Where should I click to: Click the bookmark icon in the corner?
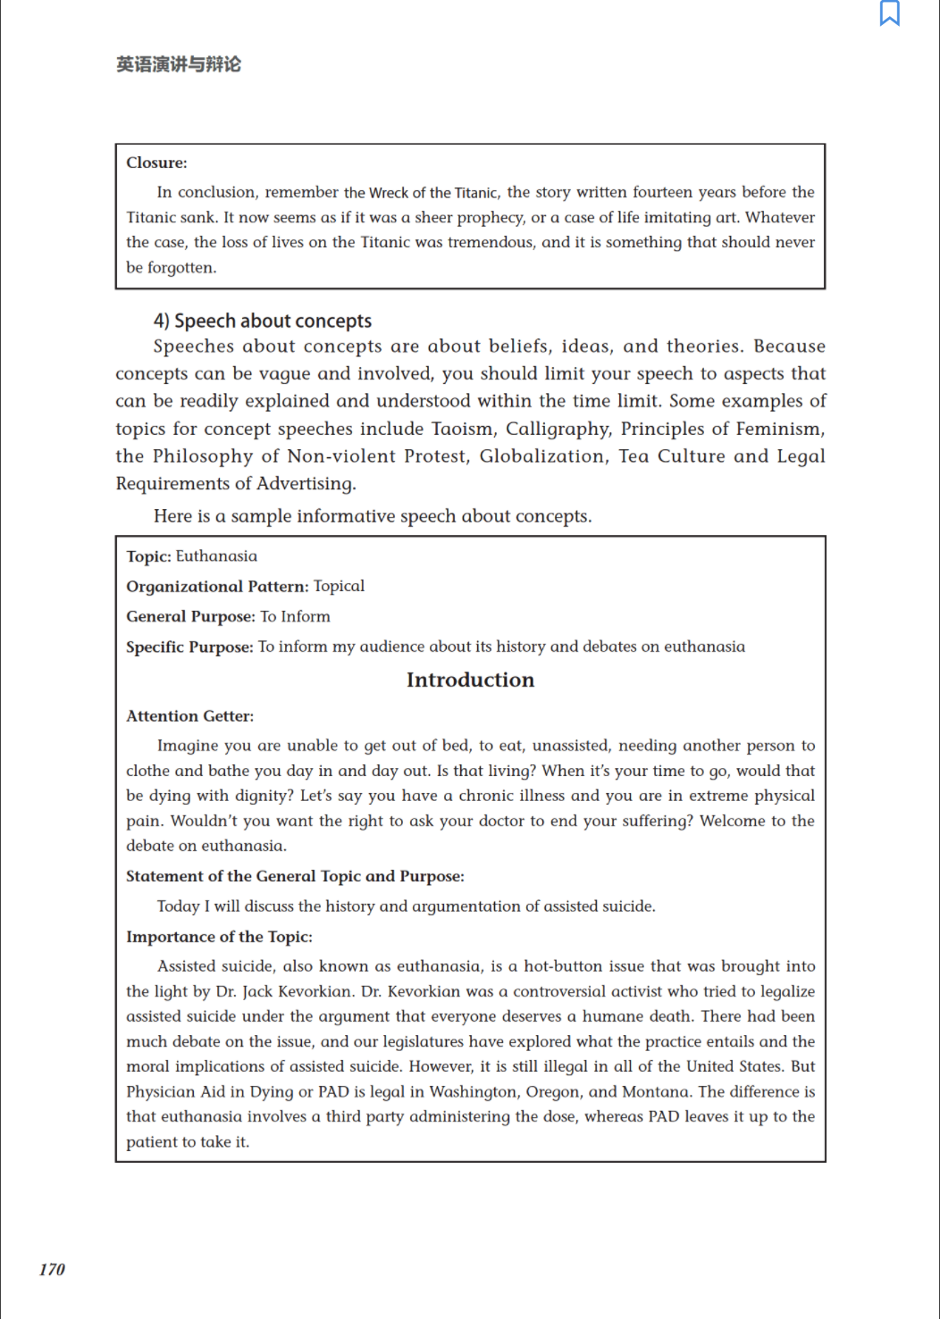coord(890,13)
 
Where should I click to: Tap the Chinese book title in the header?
coord(179,64)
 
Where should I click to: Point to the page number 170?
coord(52,1269)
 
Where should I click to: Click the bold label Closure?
coord(156,163)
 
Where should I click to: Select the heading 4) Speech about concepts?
coord(262,321)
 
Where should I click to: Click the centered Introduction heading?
coord(470,680)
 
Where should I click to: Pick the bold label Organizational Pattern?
coord(217,587)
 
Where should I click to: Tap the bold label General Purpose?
coord(190,617)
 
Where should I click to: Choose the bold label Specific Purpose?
coord(189,647)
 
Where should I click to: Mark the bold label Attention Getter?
coord(189,716)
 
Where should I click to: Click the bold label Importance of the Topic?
coord(219,937)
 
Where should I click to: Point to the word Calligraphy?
coord(558,429)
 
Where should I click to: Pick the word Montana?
coord(655,1091)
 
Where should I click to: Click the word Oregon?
coord(553,1091)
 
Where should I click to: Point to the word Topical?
coord(339,587)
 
